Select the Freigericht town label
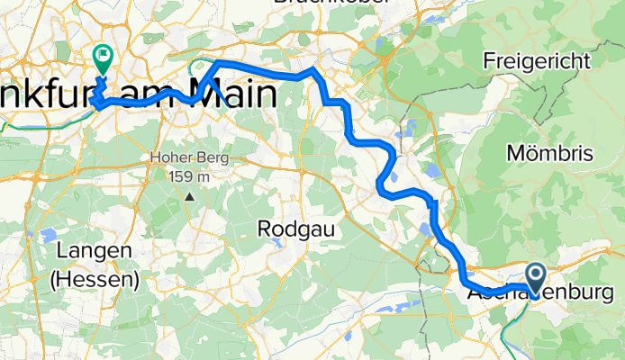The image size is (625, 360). pos(549,61)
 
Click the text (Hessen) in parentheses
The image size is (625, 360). pos(94,279)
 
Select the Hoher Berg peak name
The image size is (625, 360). pos(189,158)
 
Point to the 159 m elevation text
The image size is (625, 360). pos(189,175)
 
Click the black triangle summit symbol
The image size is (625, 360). pos(189,193)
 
